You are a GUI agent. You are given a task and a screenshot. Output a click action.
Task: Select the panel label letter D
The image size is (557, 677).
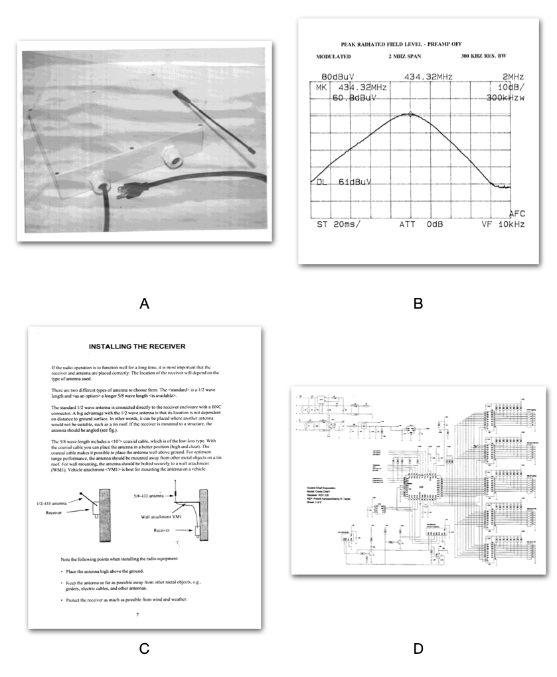[x=418, y=648]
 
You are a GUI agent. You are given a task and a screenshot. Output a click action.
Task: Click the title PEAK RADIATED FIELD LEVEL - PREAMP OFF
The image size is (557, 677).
[x=409, y=41]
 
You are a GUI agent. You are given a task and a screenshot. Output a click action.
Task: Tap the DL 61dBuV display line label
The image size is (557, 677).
[x=341, y=181]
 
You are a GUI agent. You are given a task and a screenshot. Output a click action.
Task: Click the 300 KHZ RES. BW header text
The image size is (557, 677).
[x=493, y=57]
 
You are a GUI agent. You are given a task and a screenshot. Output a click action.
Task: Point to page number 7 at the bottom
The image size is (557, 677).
[x=137, y=615]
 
